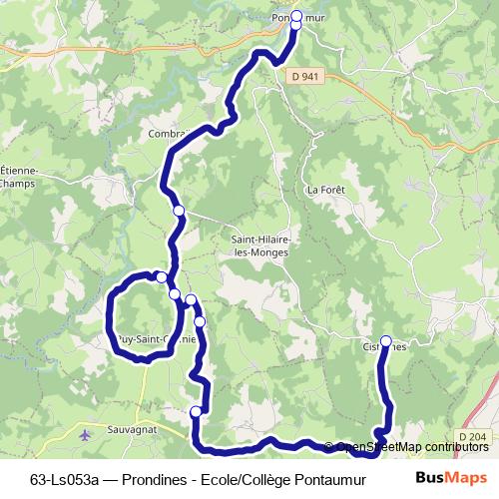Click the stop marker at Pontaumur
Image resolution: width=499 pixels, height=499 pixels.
click(x=296, y=15)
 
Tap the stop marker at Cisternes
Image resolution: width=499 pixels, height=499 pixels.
click(x=386, y=340)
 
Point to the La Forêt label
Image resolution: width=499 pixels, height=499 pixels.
click(x=325, y=190)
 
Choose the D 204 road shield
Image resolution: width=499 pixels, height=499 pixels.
click(x=477, y=436)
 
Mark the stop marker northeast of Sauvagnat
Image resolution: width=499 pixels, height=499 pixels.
click(x=196, y=411)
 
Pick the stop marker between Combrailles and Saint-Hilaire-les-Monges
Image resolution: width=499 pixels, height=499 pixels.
click(x=179, y=211)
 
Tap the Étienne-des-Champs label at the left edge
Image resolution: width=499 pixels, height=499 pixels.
click(x=17, y=176)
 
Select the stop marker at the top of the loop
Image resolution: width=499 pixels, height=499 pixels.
click(x=161, y=276)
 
